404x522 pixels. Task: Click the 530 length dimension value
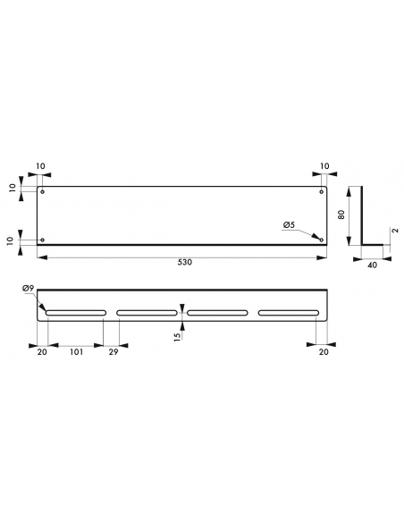tap(185, 262)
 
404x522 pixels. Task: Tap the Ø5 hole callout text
tap(290, 225)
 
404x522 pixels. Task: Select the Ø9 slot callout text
tap(29, 289)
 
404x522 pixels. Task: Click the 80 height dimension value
tap(341, 215)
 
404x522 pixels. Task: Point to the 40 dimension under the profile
tap(373, 265)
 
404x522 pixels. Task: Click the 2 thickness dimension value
tap(395, 231)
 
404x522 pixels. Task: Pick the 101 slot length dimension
tap(76, 352)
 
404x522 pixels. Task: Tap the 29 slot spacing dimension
tap(114, 352)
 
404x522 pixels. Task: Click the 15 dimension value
tap(178, 336)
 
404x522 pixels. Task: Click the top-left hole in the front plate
tap(42, 192)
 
